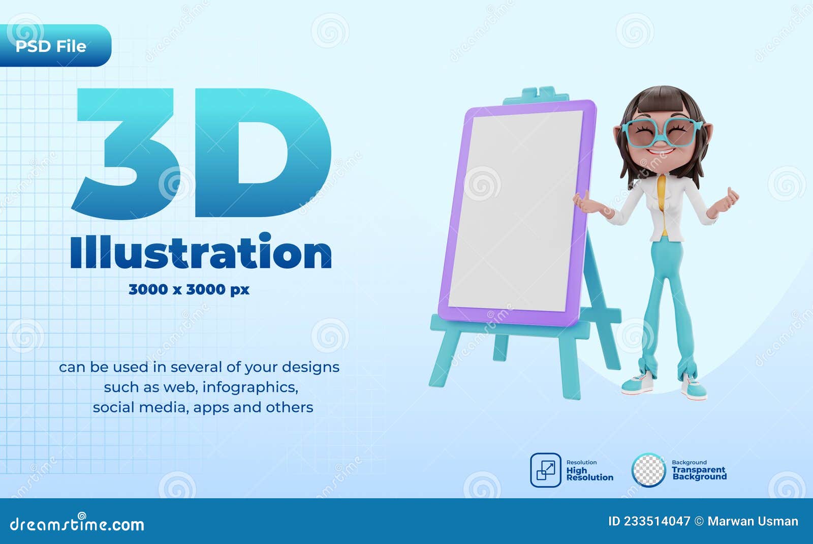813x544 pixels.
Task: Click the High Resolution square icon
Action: pos(546,470)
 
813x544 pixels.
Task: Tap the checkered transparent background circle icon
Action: pos(648,470)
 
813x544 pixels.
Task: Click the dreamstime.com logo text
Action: pos(76,524)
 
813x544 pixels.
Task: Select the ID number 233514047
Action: pos(657,521)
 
